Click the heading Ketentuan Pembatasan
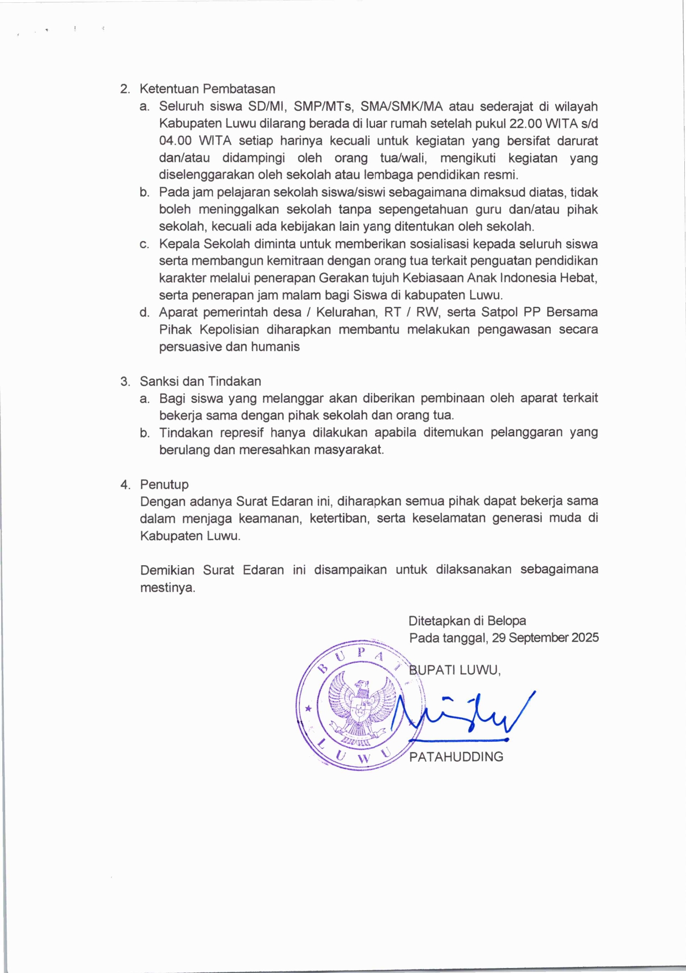click(x=207, y=89)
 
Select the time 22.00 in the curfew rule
click(x=525, y=123)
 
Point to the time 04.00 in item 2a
click(x=175, y=141)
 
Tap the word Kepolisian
click(x=229, y=329)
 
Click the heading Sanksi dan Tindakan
click(x=200, y=381)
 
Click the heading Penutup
click(x=164, y=485)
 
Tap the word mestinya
click(x=167, y=587)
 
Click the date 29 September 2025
click(x=545, y=638)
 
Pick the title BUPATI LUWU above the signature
click(x=455, y=670)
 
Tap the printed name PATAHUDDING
click(x=456, y=757)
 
